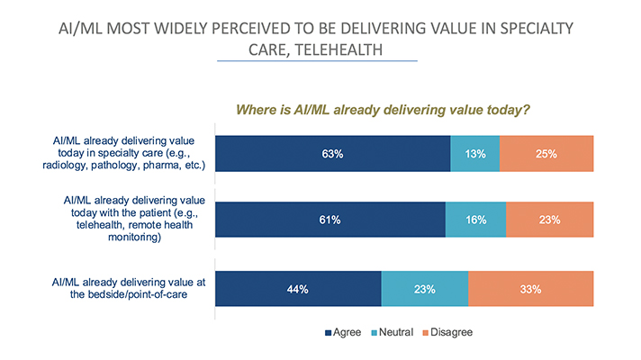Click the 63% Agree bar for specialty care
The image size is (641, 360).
(332, 154)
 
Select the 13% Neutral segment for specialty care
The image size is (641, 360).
(474, 154)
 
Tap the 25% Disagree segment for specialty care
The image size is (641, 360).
(546, 154)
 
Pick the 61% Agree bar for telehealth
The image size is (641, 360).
(330, 220)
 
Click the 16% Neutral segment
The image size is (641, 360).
(475, 220)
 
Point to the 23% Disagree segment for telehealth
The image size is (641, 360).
(549, 220)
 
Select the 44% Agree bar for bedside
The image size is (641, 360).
(298, 289)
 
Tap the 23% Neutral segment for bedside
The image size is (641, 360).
(424, 289)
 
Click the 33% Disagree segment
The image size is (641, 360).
(530, 289)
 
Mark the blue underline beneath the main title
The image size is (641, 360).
(320, 61)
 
